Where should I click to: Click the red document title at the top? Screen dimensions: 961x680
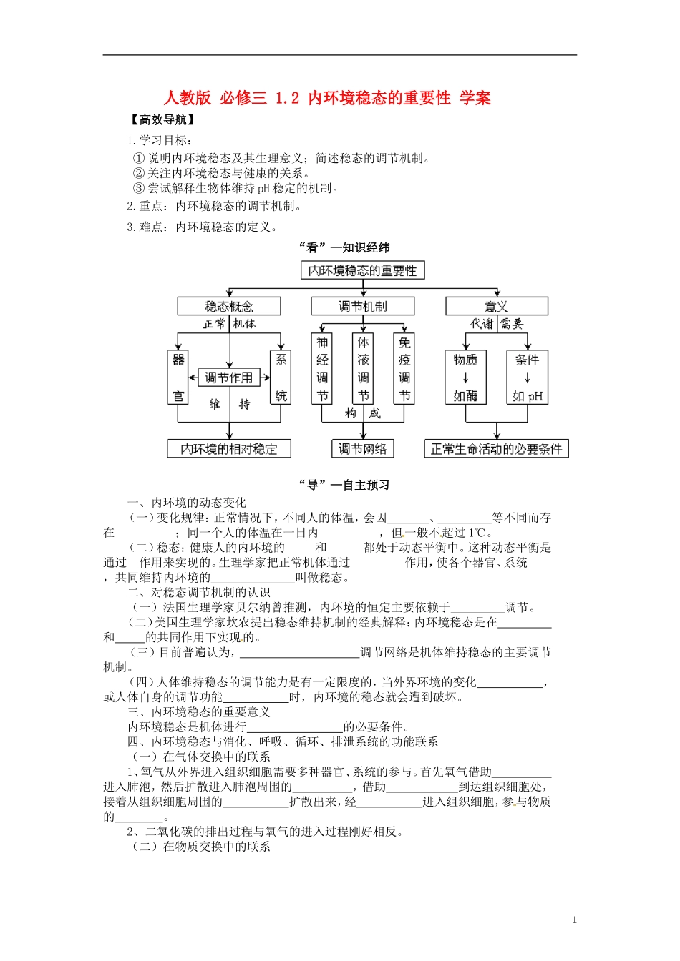327,98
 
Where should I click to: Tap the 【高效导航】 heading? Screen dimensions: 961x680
163,119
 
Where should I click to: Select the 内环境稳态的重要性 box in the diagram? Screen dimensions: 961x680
362,270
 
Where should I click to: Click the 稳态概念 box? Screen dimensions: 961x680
229,307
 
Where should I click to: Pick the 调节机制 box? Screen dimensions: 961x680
362,307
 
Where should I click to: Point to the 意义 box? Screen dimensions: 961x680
496,307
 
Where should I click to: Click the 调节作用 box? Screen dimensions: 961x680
229,377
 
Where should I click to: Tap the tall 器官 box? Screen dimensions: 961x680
178,378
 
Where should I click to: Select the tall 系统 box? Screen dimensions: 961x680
281,378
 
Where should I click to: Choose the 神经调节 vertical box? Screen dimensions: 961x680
323,369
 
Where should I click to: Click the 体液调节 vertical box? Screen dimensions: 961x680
364,369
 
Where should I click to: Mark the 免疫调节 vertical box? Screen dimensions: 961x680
404,369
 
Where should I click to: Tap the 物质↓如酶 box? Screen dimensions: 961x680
465,378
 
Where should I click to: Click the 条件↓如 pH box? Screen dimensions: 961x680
527,378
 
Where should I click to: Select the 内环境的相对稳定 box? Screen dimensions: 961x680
229,449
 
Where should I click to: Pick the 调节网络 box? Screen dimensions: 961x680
362,449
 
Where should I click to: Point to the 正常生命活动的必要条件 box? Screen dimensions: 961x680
496,449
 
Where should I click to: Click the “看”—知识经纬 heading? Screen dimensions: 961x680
344,247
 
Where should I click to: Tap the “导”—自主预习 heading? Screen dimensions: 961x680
344,485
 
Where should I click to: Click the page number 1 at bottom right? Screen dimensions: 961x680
574,920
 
